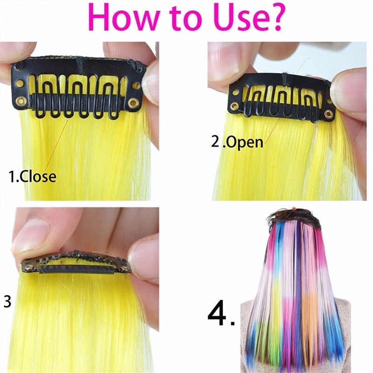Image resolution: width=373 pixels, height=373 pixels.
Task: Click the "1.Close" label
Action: click(32, 177)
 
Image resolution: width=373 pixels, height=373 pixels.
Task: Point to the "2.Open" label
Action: click(237, 142)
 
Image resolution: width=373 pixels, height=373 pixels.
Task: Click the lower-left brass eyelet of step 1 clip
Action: click(21, 102)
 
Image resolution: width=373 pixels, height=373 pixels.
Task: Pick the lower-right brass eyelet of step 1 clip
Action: click(132, 103)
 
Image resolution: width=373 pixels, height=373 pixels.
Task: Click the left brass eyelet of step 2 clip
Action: click(235, 106)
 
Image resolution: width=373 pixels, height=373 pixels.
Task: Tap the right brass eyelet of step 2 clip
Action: click(329, 114)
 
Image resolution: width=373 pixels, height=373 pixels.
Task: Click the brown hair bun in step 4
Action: click(295, 216)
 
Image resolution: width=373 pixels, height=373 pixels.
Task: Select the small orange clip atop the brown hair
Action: click(294, 209)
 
